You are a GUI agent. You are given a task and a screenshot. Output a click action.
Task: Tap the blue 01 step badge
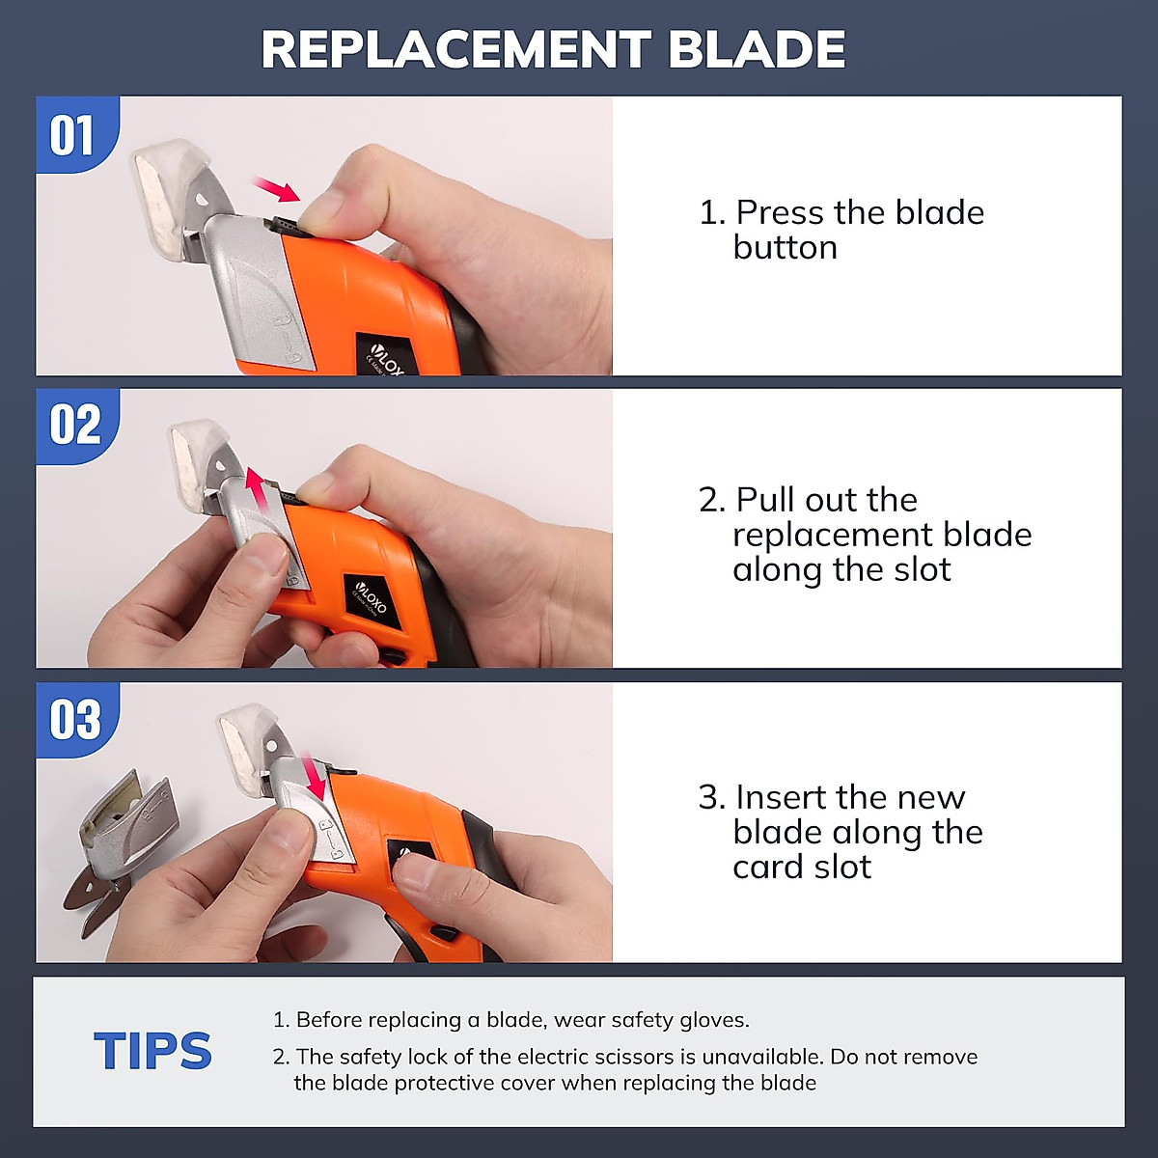(x=73, y=136)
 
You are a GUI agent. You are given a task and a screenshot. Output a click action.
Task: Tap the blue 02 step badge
(x=74, y=426)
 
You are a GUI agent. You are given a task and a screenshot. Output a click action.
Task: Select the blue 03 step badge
(x=74, y=720)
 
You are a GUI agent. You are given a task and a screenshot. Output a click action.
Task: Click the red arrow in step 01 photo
(x=276, y=189)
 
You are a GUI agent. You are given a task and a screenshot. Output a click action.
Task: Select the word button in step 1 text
(x=785, y=248)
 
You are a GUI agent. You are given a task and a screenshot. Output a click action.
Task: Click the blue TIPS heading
(x=152, y=1051)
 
